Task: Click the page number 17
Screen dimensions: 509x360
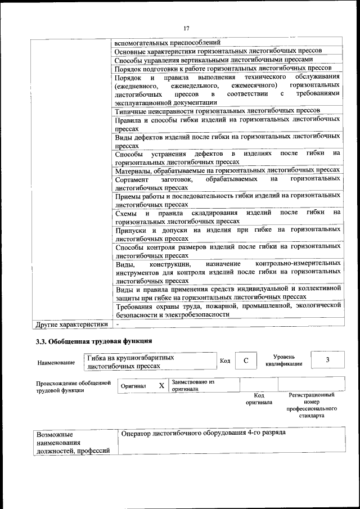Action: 186,29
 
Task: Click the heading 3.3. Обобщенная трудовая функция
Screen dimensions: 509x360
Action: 93,341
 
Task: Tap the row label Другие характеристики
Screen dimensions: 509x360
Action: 71,325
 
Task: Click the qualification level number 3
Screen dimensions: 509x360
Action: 327,360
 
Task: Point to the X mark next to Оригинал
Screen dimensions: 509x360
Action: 161,386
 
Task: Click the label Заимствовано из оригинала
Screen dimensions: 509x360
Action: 193,385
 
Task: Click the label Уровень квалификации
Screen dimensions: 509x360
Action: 283,360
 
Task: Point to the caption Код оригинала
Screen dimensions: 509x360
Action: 258,399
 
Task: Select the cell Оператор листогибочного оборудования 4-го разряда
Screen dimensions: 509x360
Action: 202,433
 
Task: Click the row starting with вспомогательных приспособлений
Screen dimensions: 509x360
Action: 167,42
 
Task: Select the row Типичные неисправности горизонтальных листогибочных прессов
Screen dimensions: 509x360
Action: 217,111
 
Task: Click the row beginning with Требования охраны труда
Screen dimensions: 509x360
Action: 227,310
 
